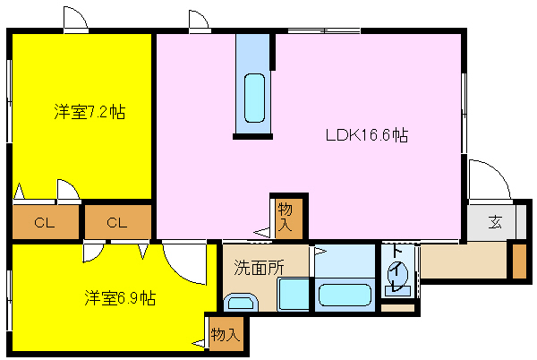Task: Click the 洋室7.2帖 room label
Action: click(89, 112)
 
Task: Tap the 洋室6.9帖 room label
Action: click(120, 298)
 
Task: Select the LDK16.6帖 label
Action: click(366, 134)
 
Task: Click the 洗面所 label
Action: click(259, 267)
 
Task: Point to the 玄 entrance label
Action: click(495, 222)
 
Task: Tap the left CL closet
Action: click(46, 222)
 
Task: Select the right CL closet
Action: click(118, 222)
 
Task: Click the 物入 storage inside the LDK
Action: click(289, 219)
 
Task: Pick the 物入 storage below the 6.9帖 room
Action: click(226, 334)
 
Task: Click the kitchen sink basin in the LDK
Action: click(254, 98)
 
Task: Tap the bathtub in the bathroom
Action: click(345, 295)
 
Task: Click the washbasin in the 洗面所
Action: click(241, 303)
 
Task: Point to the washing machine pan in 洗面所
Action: click(294, 295)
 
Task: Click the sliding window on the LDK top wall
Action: click(324, 31)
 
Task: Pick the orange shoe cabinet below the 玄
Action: click(519, 261)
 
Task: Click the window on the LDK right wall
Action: click(464, 113)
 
